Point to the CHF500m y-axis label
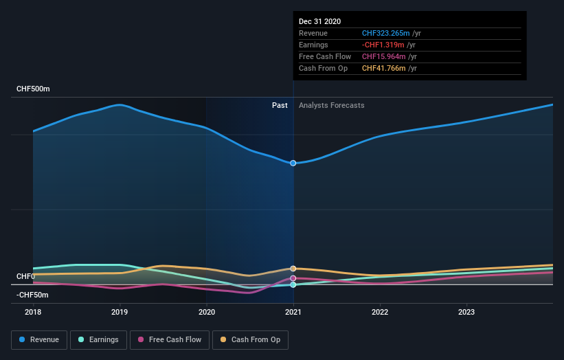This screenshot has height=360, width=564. tap(33, 89)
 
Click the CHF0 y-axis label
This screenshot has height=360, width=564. tap(25, 276)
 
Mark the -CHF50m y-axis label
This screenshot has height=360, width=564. tap(32, 295)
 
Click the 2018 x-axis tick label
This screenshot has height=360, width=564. tap(33, 311)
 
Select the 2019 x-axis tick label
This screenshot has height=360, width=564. tap(120, 311)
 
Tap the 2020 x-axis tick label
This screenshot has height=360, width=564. tap(206, 311)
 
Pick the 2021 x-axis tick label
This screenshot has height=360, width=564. tap(293, 311)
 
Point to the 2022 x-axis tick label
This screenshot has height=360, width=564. tap(380, 311)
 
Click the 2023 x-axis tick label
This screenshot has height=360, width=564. tap(466, 311)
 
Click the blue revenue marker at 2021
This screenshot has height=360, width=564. tap(293, 163)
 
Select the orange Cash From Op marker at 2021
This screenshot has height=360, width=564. tap(293, 269)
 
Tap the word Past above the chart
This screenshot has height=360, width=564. tap(280, 105)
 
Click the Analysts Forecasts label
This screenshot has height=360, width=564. tap(331, 105)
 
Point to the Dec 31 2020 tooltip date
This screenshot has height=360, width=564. tap(319, 22)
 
